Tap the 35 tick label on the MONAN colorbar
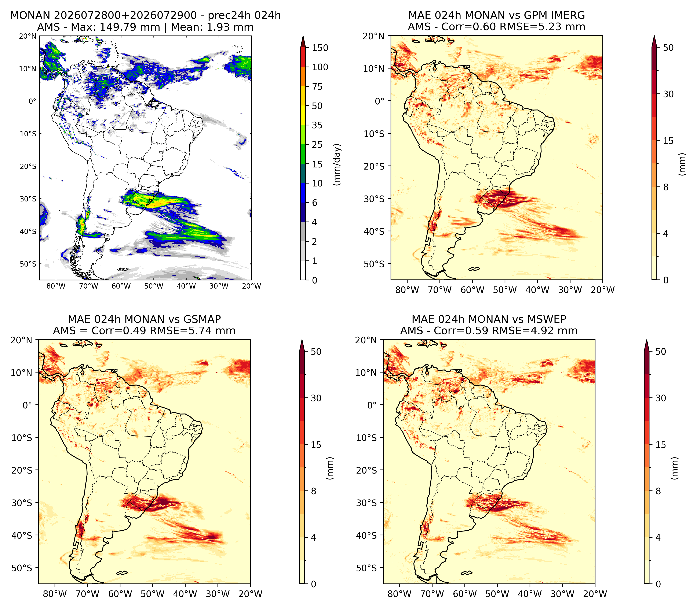317,125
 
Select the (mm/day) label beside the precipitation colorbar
337,164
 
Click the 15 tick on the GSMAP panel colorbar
316,445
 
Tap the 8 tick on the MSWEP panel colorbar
658,491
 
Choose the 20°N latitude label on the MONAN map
28,36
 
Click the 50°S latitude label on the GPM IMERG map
374,264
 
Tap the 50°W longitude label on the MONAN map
153,286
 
